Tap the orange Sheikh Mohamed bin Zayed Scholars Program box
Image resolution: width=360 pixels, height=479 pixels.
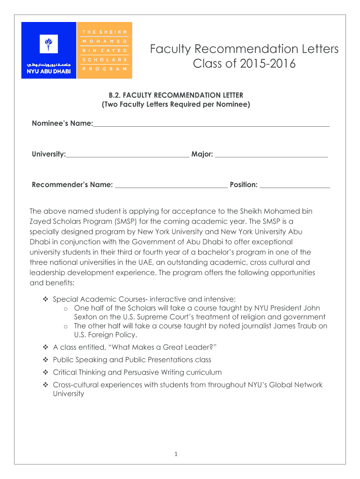coord(104,50)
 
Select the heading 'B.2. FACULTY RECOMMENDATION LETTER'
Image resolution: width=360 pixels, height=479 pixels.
coord(176,95)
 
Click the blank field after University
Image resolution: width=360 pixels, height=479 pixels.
coord(127,154)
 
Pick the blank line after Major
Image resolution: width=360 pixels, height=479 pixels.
coord(272,154)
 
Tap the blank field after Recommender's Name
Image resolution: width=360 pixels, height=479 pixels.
coord(171,185)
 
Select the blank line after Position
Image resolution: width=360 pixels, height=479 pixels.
coord(295,185)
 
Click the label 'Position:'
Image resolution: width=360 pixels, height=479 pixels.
coord(244,185)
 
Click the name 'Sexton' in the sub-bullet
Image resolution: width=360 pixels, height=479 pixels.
coord(86,317)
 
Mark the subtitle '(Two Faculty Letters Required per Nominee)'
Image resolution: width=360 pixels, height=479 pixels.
coord(176,105)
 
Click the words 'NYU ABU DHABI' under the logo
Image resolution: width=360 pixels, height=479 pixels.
coord(48,72)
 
